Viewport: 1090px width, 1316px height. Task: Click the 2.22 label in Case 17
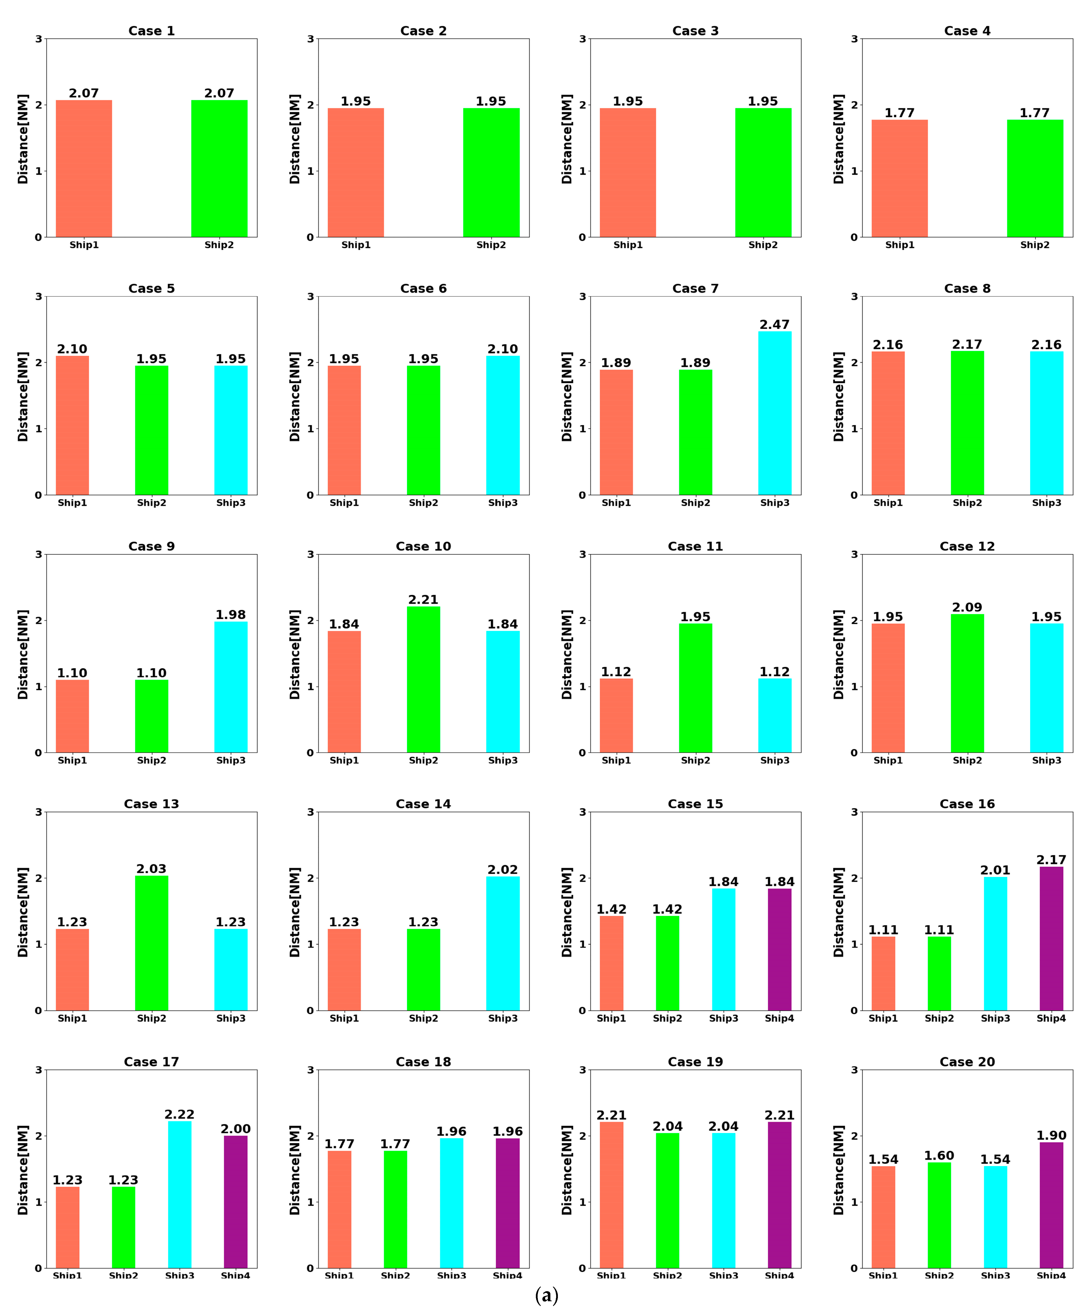tap(179, 1114)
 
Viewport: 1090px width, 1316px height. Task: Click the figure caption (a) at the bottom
tap(546, 1295)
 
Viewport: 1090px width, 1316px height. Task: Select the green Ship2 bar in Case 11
tap(695, 688)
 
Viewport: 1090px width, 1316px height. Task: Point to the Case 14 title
tap(423, 804)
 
